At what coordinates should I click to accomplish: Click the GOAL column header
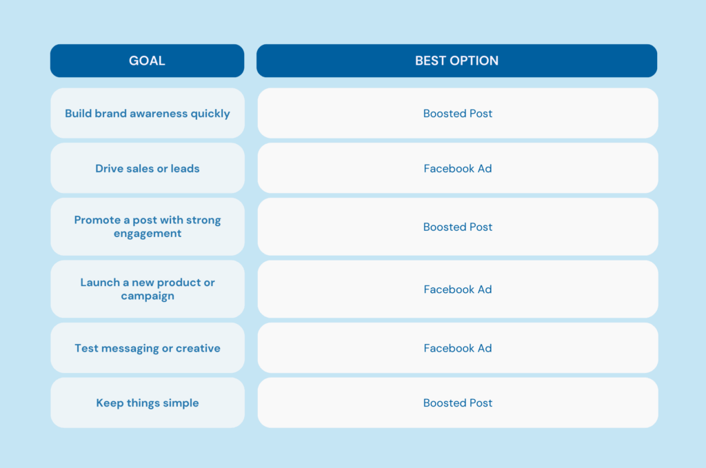(x=148, y=61)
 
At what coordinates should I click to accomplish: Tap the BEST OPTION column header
(x=456, y=61)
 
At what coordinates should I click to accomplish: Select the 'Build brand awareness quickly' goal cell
(x=148, y=114)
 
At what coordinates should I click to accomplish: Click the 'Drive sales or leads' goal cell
(x=148, y=168)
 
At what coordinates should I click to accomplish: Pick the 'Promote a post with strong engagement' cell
(x=148, y=227)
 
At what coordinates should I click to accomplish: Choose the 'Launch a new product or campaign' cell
(x=148, y=289)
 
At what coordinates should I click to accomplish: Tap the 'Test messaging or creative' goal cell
(x=148, y=348)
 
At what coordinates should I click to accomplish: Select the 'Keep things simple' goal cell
(x=148, y=403)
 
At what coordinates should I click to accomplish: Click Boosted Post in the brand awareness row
(x=458, y=114)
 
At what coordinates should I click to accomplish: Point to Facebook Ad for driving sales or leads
(x=458, y=168)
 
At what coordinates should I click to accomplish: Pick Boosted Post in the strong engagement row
(x=458, y=227)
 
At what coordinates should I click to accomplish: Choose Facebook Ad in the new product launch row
(x=458, y=289)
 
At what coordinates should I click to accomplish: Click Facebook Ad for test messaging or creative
(x=458, y=348)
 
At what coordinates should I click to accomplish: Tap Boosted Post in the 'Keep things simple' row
(x=458, y=403)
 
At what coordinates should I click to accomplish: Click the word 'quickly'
(x=210, y=114)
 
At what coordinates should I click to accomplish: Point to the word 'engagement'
(x=148, y=234)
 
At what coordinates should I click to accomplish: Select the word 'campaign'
(x=148, y=296)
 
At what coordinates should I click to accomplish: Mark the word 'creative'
(x=198, y=348)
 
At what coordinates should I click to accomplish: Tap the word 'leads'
(x=185, y=168)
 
